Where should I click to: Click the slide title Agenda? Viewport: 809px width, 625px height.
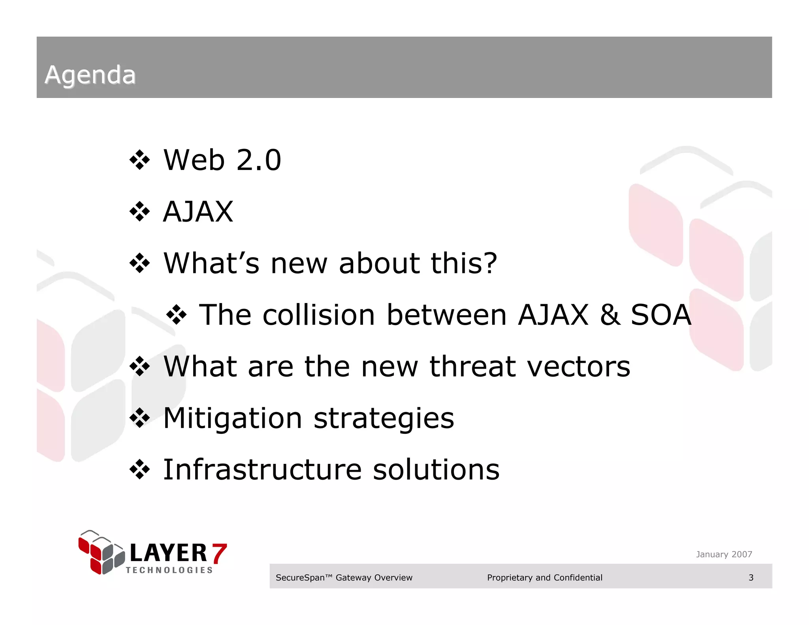tap(90, 75)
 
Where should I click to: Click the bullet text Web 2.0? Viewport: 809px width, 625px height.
tap(222, 160)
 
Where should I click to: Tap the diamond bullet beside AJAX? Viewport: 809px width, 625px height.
tap(140, 212)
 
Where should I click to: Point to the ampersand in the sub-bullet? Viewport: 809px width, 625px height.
tap(610, 315)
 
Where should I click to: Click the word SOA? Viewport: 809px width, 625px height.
tap(661, 315)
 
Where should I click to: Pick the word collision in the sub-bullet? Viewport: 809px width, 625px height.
tap(318, 315)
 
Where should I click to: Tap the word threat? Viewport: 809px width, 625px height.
tap(472, 367)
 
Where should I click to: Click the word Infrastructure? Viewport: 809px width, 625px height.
tap(262, 470)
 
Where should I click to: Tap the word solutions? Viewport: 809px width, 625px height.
tap(436, 470)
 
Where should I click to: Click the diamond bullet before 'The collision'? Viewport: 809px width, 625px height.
tap(176, 315)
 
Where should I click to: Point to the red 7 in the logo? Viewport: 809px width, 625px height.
tap(219, 553)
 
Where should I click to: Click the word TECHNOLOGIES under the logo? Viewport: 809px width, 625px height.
tap(169, 570)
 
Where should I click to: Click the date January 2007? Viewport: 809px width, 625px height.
tap(724, 554)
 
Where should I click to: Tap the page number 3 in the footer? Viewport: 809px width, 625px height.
tap(751, 578)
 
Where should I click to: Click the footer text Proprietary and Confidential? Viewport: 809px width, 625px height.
tap(544, 578)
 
